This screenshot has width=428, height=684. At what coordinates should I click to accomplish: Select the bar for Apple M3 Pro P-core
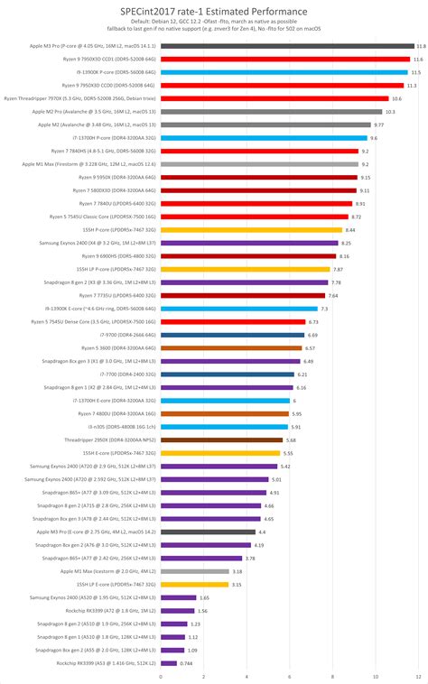(286, 45)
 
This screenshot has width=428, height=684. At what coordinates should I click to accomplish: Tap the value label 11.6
(418, 59)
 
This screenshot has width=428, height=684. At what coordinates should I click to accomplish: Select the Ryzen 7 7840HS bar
(259, 151)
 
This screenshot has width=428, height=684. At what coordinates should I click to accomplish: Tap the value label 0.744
(186, 663)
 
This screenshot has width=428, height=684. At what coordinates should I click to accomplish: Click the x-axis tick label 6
(289, 676)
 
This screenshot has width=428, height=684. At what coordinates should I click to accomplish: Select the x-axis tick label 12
(417, 676)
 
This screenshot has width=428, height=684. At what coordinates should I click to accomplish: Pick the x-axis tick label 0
(161, 676)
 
